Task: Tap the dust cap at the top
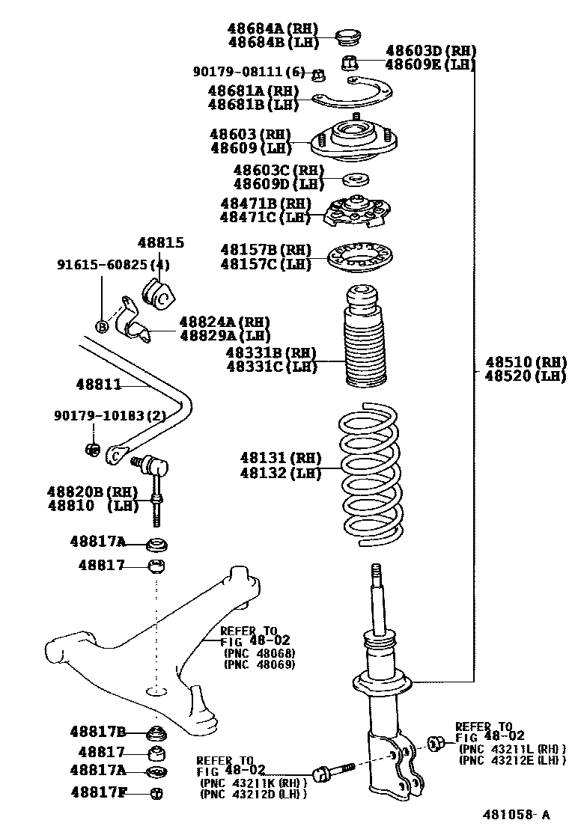click(x=346, y=35)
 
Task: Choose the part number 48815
click(x=160, y=243)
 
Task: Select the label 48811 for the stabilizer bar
click(x=98, y=385)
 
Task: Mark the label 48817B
click(x=98, y=731)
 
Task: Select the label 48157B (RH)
click(x=265, y=249)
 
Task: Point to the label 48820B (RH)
click(x=89, y=492)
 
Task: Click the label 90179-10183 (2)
click(x=109, y=415)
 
